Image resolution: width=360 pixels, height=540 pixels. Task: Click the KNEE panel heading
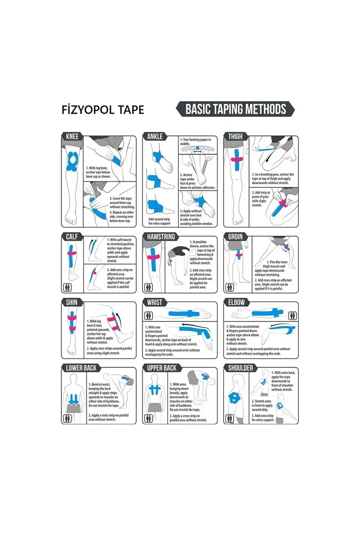[x=72, y=136]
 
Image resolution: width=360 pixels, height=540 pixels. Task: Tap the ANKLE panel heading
[x=155, y=136]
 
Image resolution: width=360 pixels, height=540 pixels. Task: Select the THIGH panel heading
[x=235, y=136]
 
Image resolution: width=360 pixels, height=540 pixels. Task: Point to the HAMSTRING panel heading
[x=161, y=237]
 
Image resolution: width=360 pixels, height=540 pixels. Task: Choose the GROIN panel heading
[x=235, y=237]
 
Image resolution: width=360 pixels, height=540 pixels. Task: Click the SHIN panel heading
[x=72, y=302]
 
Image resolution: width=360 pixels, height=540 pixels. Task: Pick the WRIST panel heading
[x=154, y=302]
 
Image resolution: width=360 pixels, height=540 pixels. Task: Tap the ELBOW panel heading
[x=237, y=302]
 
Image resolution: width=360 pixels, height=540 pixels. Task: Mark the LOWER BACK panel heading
[x=81, y=368]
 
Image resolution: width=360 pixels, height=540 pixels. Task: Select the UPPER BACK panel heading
[x=162, y=368]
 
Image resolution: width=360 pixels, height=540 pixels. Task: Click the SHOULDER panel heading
[x=240, y=368]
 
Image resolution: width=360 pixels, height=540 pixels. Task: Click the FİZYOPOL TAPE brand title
[x=103, y=110]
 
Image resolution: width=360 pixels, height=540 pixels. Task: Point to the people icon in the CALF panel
[x=67, y=287]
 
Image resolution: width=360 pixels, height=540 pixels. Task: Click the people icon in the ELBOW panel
[x=292, y=316]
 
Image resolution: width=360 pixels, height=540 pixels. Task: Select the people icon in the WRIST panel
[x=148, y=316]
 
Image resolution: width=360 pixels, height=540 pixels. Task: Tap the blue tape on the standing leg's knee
[x=72, y=162]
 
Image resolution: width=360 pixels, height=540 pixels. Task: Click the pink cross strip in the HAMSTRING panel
[x=153, y=257]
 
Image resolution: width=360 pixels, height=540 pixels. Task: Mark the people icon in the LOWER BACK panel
[x=67, y=418]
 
